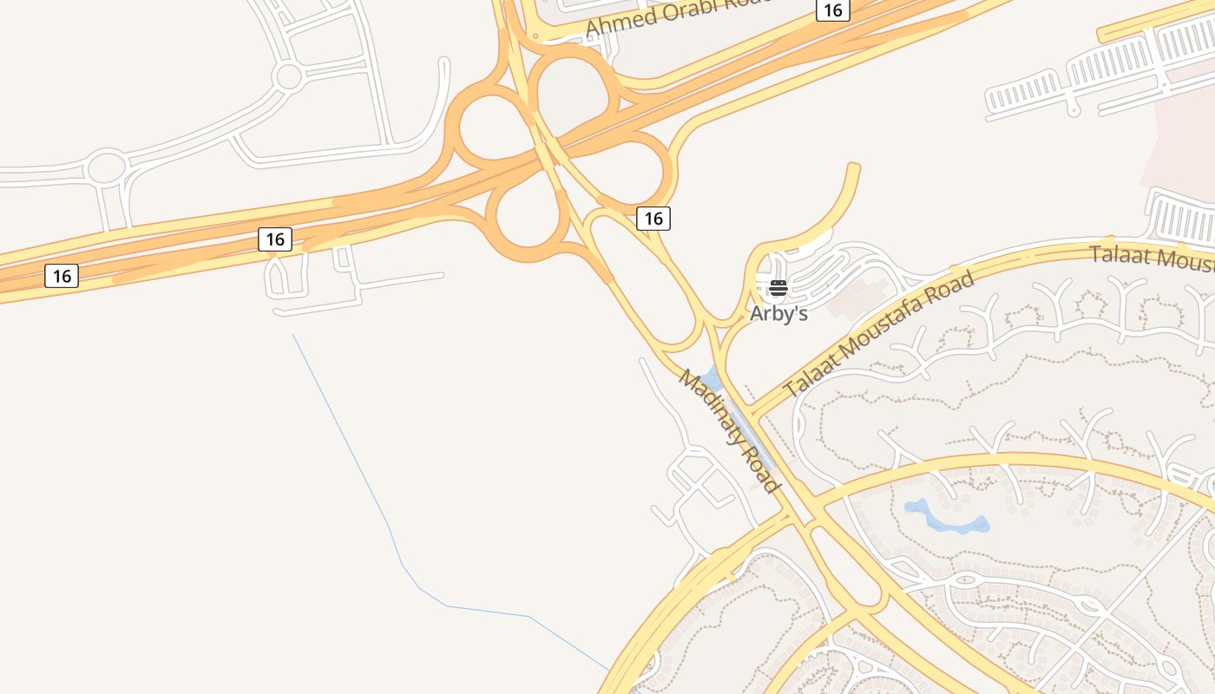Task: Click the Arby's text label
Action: tap(778, 313)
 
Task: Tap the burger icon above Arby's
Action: tap(778, 288)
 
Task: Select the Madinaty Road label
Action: tap(728, 430)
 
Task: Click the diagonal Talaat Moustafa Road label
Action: tap(879, 334)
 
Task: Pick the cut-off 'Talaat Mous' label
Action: tap(1151, 258)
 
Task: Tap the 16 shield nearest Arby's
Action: tap(653, 219)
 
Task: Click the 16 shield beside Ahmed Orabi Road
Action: tap(832, 10)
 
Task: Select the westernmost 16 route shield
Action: tap(62, 276)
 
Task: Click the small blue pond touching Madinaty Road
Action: tap(713, 379)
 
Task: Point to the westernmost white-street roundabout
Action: tap(106, 167)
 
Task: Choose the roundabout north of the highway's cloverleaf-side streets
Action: tap(287, 76)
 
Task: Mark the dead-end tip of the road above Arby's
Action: tap(854, 167)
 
